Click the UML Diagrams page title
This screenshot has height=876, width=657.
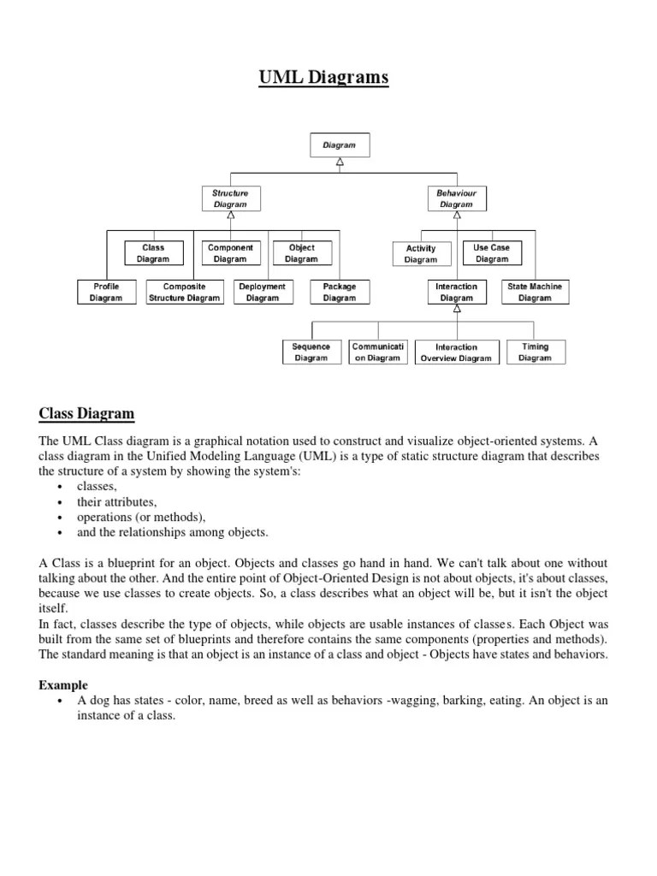click(323, 79)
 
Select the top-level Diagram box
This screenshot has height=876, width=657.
click(339, 145)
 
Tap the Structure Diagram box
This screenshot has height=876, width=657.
click(230, 199)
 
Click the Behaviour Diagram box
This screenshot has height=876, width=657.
click(456, 199)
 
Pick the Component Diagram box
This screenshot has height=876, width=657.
click(230, 253)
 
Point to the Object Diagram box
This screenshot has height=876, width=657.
click(301, 253)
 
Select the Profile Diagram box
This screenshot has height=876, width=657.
click(106, 292)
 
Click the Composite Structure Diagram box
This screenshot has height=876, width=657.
click(184, 292)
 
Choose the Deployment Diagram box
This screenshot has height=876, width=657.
click(263, 292)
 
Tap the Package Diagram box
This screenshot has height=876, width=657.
click(340, 292)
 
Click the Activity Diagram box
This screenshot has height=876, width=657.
click(421, 254)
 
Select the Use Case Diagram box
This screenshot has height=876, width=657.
click(492, 253)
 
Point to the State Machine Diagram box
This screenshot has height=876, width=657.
click(535, 292)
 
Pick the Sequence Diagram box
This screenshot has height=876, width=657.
click(311, 352)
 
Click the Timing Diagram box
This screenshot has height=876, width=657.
click(535, 352)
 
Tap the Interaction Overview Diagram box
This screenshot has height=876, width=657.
click(456, 352)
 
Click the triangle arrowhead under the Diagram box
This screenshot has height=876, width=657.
click(340, 162)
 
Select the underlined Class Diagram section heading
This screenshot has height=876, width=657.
click(86, 414)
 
